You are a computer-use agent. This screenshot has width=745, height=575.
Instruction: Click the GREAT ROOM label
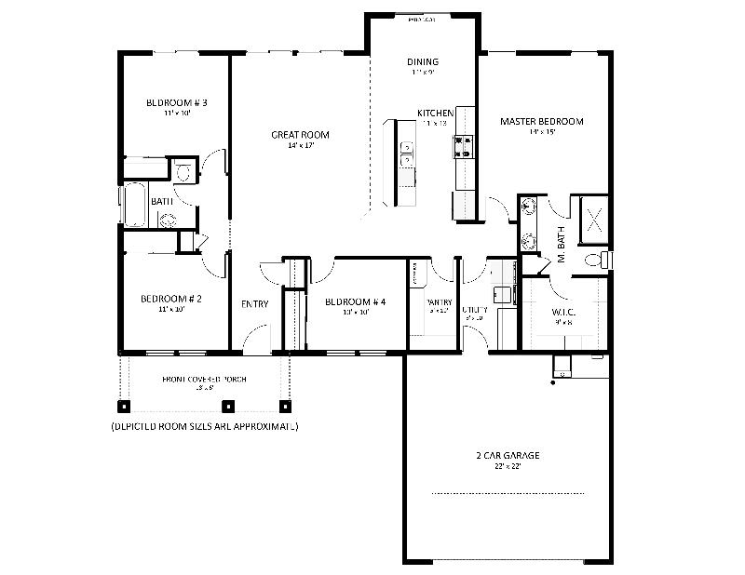click(300, 135)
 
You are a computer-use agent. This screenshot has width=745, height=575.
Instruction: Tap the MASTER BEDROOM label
click(541, 122)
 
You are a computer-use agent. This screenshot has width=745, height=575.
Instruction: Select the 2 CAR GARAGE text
click(507, 456)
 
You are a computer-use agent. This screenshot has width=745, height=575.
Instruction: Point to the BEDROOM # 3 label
click(176, 102)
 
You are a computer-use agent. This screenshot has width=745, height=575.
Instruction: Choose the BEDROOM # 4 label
click(355, 301)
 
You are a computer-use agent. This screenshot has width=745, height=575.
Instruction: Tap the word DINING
click(423, 62)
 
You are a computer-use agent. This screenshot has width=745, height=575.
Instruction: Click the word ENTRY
click(255, 304)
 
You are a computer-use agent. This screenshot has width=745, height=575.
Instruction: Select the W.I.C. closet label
click(563, 313)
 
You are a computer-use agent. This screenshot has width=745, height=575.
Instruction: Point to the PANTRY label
click(439, 302)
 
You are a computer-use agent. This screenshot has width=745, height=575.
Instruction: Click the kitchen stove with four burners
click(463, 145)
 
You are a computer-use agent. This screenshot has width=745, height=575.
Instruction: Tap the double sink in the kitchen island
click(407, 154)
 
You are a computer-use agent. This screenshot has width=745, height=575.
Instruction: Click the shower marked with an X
click(594, 221)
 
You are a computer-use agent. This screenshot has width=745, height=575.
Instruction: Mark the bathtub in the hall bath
click(135, 206)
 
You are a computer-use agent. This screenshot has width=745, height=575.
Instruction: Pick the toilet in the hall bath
click(183, 170)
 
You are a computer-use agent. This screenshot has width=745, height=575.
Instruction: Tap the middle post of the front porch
click(233, 407)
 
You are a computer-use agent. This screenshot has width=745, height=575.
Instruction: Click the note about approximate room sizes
click(204, 426)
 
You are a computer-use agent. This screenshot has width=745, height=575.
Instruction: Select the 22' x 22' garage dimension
click(507, 467)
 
